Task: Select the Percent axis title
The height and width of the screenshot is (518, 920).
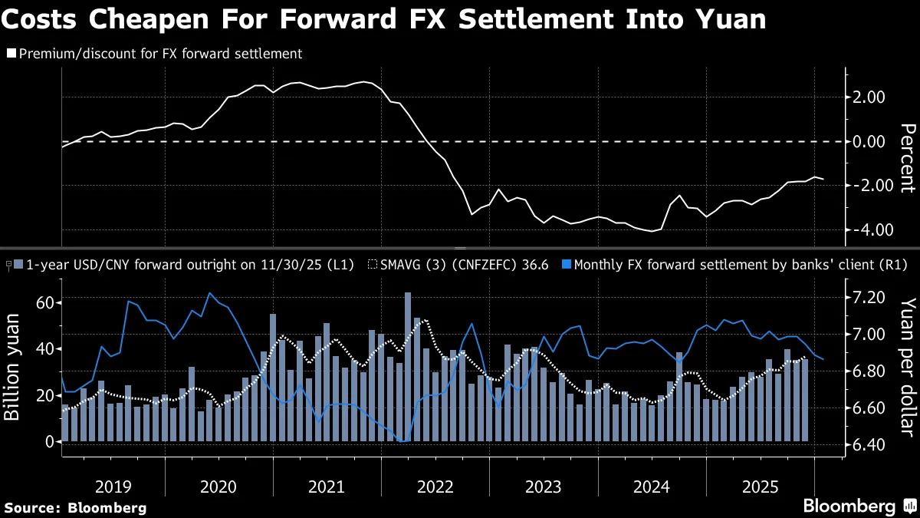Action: coord(906,157)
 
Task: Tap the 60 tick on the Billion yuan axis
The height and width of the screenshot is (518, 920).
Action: coord(43,303)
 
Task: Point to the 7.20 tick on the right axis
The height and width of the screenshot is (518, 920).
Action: coord(868,298)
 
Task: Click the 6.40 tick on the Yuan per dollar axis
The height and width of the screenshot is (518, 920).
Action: coord(868,445)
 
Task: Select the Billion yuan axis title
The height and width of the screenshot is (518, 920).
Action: coord(12,372)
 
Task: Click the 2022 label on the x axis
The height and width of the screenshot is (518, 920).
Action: coord(435,487)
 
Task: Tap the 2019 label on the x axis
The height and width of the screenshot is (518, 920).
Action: coord(113,487)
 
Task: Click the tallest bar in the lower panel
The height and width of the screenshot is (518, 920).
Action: coord(408,367)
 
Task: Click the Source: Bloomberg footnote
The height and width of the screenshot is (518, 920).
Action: coord(75,507)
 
